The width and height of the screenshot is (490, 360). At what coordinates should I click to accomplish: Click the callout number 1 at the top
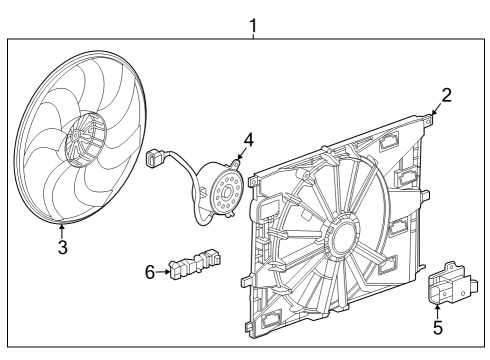click(252, 21)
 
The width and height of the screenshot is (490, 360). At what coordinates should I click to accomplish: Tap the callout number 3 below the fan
click(62, 247)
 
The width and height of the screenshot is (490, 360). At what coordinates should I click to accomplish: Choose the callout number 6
click(150, 271)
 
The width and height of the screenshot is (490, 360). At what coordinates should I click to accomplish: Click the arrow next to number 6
click(163, 271)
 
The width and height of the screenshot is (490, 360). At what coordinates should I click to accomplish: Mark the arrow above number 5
click(438, 307)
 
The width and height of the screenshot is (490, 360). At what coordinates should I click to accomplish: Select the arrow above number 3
click(62, 230)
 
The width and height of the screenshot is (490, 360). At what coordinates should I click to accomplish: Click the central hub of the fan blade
click(85, 140)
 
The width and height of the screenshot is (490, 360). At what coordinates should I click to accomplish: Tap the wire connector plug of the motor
click(154, 156)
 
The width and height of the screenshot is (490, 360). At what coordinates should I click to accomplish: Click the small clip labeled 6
click(194, 264)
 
